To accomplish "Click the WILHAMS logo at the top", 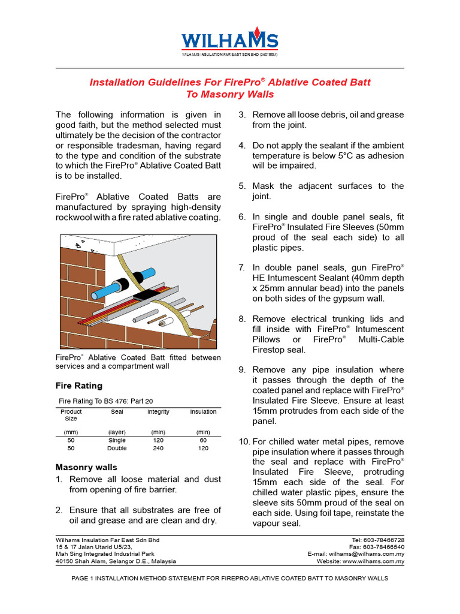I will coord(229,40).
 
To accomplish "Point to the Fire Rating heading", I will coord(78,386).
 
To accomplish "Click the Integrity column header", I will coord(158,412).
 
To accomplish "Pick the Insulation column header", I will coord(203,412).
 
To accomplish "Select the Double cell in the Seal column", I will coord(117,448).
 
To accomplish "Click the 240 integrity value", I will coord(158,448).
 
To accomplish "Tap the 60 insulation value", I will coord(203,440).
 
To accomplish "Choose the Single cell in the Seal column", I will coord(117,440).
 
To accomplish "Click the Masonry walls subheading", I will coord(86,466).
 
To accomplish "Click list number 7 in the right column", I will coord(242,267).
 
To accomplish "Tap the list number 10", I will coord(244,442).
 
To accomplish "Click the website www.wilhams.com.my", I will coord(373,562).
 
